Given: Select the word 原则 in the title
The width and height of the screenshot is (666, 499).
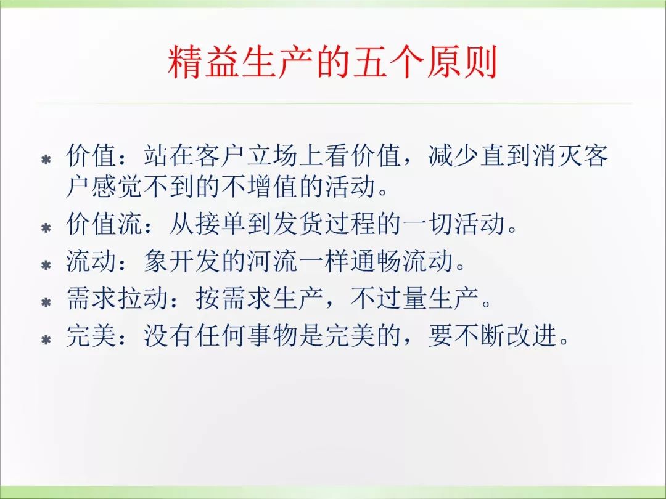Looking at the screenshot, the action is point(462,63).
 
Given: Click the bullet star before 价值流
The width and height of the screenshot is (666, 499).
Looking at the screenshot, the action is point(46,228).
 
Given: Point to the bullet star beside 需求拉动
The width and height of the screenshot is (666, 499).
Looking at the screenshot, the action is point(46,302).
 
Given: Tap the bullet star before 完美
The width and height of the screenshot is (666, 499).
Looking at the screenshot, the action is point(46,340).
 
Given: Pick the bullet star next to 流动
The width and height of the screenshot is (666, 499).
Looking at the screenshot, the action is point(46,265).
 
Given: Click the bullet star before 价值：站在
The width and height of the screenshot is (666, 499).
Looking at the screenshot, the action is point(46,160).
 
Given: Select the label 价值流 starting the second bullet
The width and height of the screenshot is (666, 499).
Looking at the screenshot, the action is point(104,224).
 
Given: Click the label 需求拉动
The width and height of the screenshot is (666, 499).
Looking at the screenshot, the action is point(118,299).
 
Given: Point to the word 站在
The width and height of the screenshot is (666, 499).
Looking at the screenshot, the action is point(169,156).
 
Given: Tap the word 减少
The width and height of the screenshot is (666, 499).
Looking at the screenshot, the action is point(454,156).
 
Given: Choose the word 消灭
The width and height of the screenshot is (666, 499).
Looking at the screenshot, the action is point(557,156).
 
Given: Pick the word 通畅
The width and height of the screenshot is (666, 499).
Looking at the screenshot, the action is point(376,261).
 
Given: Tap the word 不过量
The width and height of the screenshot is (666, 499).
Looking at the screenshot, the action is point(389,299).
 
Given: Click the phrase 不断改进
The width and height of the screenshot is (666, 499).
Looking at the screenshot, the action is point(506,336).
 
